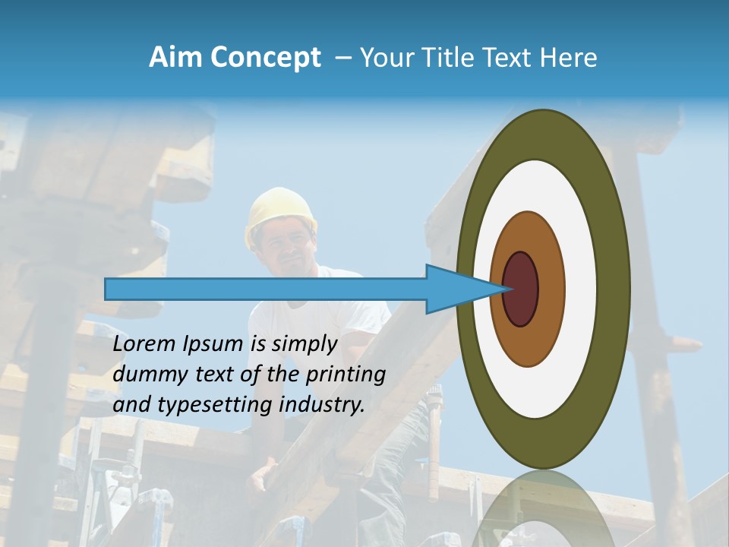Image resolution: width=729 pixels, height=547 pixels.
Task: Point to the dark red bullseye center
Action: tap(520, 289)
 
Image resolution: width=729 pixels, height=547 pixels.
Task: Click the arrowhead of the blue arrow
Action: tap(456, 289)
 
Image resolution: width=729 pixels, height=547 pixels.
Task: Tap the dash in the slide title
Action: tap(343, 58)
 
